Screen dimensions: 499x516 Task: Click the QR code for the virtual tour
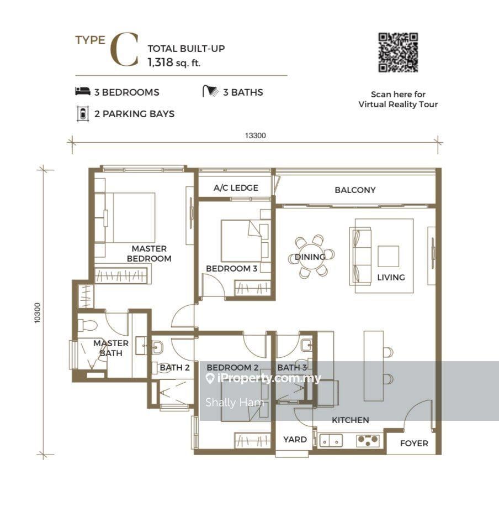398,53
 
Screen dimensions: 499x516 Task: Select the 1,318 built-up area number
160,62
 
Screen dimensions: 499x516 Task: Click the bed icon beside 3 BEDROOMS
82,91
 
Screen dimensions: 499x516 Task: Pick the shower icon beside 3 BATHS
210,91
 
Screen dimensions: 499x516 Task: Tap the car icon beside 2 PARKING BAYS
83,114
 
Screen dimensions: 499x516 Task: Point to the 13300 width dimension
255,135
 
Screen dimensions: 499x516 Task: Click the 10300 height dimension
38,312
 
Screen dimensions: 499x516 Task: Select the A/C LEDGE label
236,188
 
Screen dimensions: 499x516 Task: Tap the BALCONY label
355,190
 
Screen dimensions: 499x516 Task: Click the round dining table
311,257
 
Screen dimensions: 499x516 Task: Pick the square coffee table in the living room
388,256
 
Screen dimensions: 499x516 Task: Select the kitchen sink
331,441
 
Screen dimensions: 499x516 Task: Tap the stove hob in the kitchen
368,441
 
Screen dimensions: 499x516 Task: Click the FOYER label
414,443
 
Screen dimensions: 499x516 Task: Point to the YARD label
295,439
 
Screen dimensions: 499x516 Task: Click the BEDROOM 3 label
232,269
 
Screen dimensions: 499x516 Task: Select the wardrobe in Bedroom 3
253,288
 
